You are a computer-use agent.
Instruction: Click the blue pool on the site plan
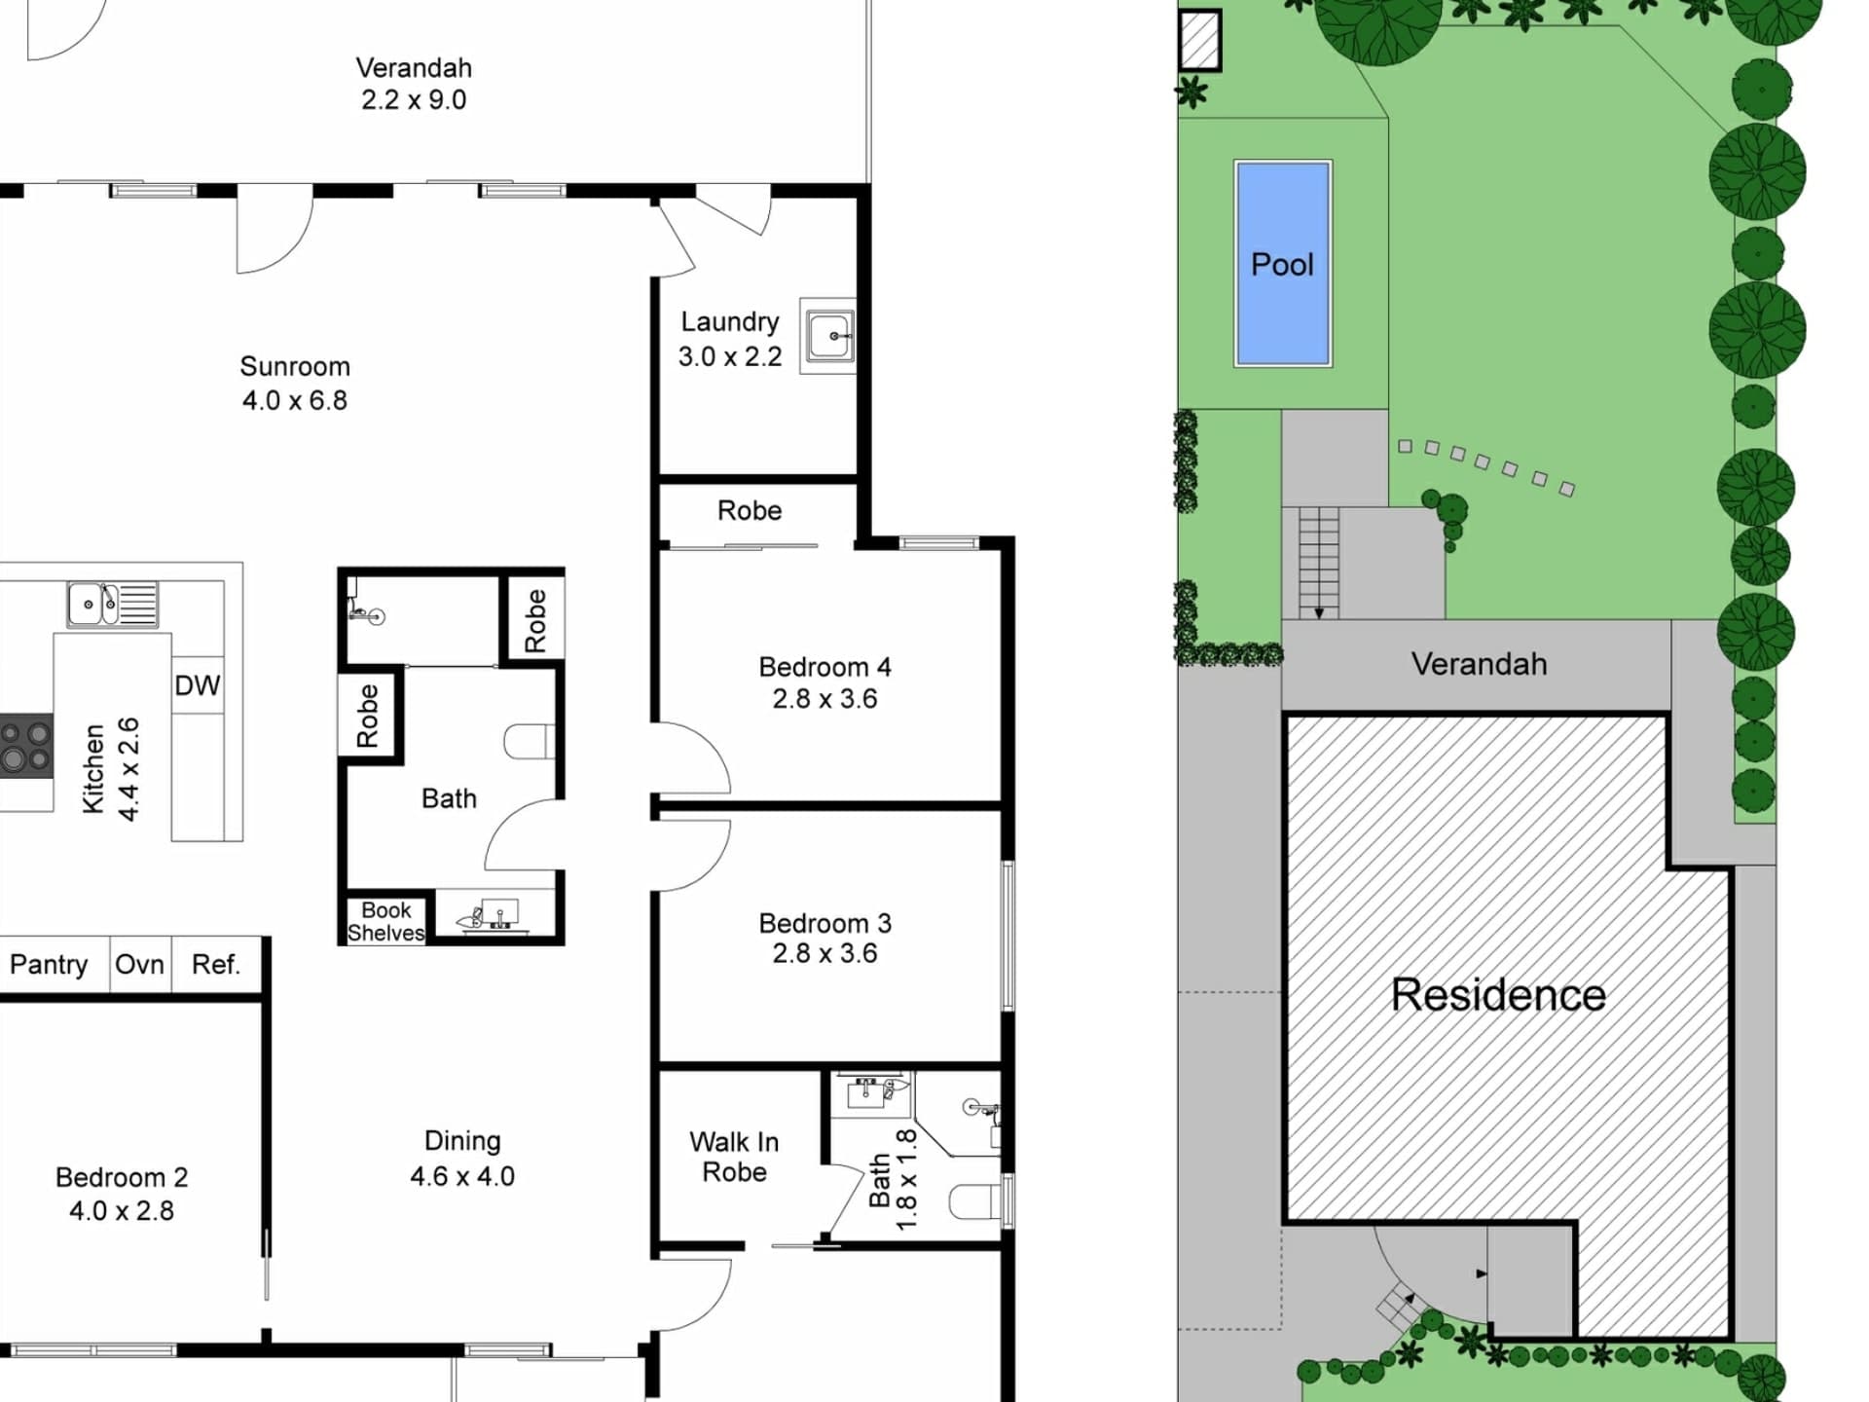[x=1283, y=264]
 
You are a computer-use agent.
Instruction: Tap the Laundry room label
[x=730, y=322]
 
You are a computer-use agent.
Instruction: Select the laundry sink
[x=828, y=336]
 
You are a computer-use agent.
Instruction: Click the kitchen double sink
[x=113, y=604]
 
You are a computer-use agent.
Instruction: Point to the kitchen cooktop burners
[x=26, y=746]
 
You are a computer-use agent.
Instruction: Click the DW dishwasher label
[x=198, y=685]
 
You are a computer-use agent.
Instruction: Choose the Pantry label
[x=49, y=965]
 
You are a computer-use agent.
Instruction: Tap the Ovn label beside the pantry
[x=139, y=965]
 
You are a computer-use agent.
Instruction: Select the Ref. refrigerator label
[x=215, y=965]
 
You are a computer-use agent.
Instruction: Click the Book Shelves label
[x=385, y=921]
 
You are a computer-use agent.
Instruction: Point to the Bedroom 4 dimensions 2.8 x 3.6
[x=825, y=699]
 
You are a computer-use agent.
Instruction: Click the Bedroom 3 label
[x=825, y=923]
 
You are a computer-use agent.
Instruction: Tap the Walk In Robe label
[x=734, y=1157]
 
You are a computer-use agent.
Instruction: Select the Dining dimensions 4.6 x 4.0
[x=462, y=1176]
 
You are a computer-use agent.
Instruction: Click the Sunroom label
[x=295, y=366]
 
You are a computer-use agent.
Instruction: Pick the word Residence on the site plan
[x=1498, y=995]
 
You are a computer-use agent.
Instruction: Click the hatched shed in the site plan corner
[x=1199, y=40]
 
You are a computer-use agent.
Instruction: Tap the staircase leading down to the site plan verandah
[x=1319, y=563]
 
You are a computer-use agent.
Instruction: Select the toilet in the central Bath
[x=530, y=742]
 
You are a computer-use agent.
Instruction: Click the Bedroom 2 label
[x=122, y=1177]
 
